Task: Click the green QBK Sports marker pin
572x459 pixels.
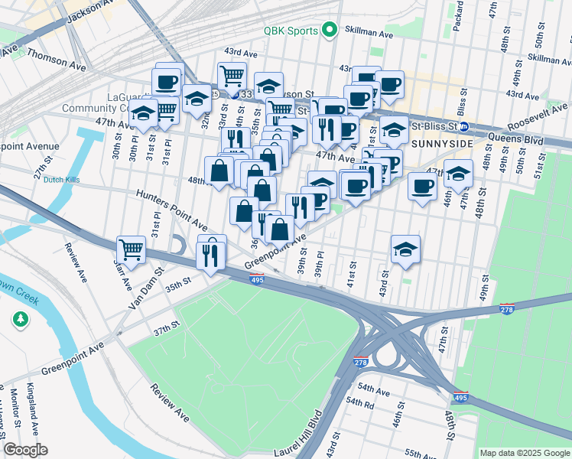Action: [330, 31]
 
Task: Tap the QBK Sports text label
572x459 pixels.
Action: [291, 31]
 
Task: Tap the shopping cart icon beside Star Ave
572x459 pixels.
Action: [132, 249]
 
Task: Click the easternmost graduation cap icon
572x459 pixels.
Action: [458, 174]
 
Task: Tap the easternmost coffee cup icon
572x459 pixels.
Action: [422, 186]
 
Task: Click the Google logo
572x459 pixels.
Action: [25, 450]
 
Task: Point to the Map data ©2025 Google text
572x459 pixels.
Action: [524, 453]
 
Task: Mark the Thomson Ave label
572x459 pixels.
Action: [56, 61]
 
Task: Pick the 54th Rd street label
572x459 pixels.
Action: [359, 401]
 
